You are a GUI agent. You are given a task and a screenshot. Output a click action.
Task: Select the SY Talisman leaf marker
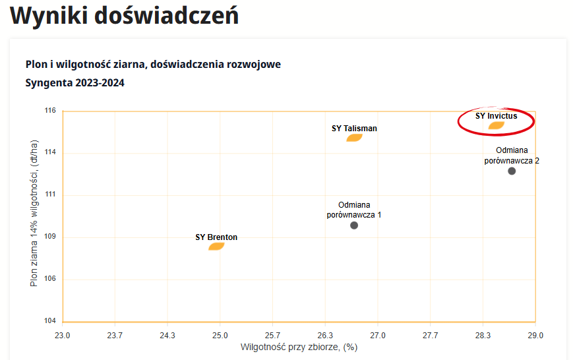355,138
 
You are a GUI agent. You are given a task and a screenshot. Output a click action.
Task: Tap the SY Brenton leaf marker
217,247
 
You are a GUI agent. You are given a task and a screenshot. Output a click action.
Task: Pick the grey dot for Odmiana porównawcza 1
354,225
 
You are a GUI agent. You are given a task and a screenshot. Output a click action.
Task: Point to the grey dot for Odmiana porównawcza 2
512,171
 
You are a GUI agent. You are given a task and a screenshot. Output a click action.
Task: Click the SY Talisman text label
355,129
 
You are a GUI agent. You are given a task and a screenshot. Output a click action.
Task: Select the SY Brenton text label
216,237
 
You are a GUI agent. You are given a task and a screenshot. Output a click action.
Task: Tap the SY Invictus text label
497,115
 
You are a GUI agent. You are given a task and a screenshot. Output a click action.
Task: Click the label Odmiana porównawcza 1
354,210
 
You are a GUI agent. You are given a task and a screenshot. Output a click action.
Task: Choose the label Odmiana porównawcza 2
512,156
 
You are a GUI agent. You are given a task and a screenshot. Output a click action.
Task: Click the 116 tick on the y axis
51,111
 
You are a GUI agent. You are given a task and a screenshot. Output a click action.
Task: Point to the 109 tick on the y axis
51,237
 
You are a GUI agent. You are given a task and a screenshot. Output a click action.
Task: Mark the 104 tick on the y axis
51,321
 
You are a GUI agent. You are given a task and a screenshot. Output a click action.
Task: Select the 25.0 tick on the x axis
220,335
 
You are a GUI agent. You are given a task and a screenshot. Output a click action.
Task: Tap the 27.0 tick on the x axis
377,335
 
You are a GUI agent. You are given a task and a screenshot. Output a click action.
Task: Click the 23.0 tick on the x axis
62,335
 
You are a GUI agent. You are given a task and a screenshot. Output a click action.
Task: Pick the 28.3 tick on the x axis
483,335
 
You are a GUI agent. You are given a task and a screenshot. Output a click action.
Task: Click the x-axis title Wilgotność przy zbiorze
299,347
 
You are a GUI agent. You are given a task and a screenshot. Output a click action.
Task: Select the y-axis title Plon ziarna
34,213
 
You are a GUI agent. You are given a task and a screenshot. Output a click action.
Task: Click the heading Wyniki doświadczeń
125,16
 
